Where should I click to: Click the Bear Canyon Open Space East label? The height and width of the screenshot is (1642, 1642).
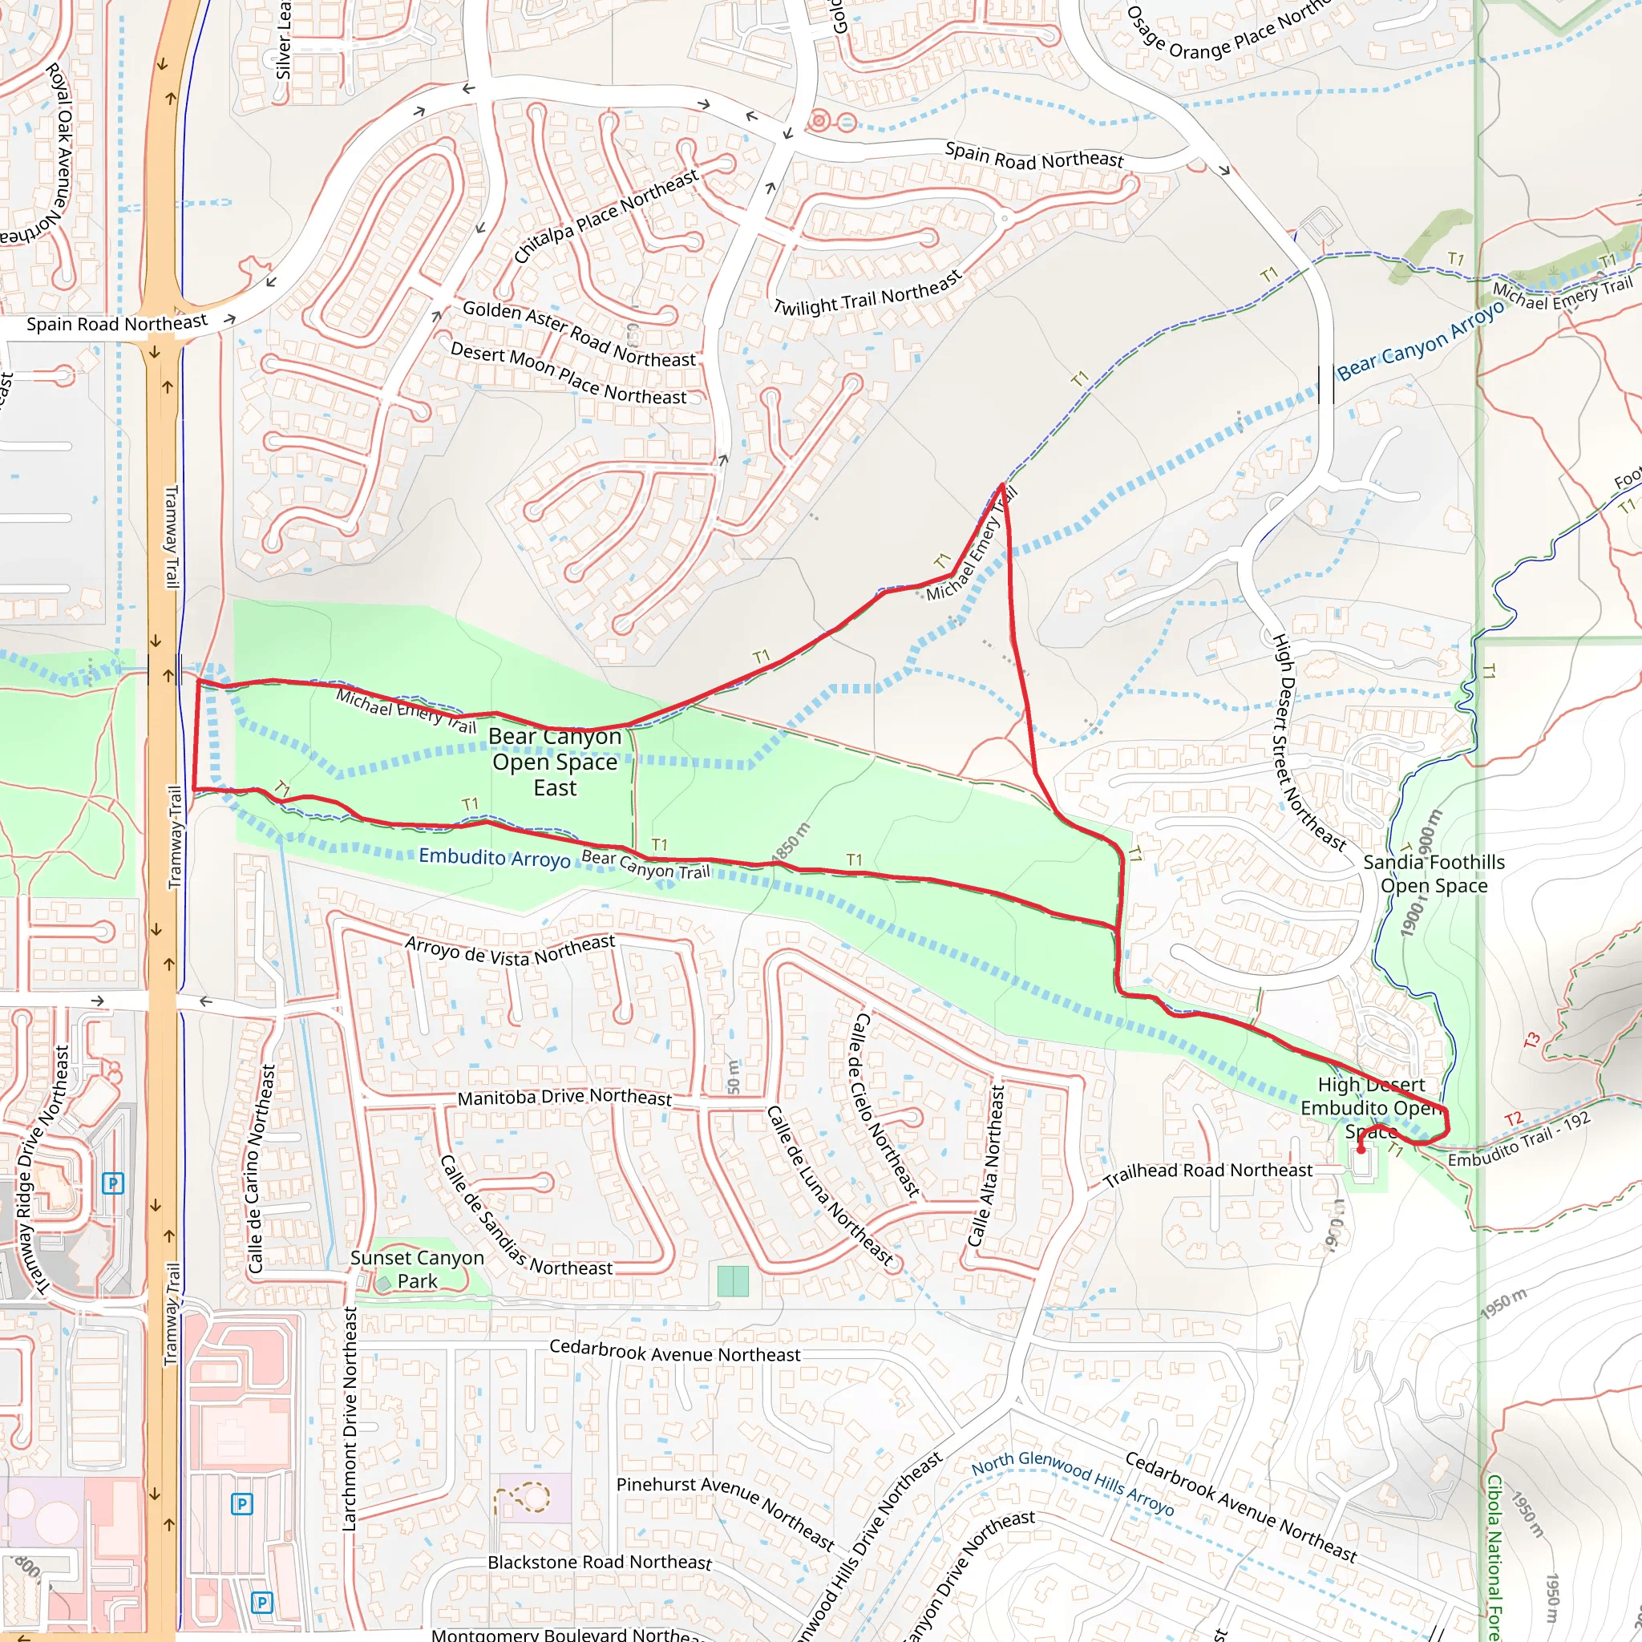click(555, 762)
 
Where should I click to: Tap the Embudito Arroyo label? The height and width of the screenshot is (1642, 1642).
click(494, 858)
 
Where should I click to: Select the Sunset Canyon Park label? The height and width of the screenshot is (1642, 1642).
click(416, 1269)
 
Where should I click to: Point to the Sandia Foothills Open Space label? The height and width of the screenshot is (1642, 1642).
click(1433, 874)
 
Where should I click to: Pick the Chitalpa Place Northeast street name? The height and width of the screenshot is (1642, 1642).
click(605, 216)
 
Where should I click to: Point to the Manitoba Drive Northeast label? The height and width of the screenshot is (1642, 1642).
click(564, 1098)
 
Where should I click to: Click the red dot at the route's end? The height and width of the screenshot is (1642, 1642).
click(1361, 1150)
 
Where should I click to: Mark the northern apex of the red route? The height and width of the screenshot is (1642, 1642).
click(1003, 485)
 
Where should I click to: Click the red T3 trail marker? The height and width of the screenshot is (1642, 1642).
click(1531, 1040)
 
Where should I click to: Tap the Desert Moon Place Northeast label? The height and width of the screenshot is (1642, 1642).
click(568, 373)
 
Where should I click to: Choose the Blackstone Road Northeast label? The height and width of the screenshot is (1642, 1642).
click(599, 1562)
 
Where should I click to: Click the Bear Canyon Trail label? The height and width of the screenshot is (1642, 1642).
click(645, 864)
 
